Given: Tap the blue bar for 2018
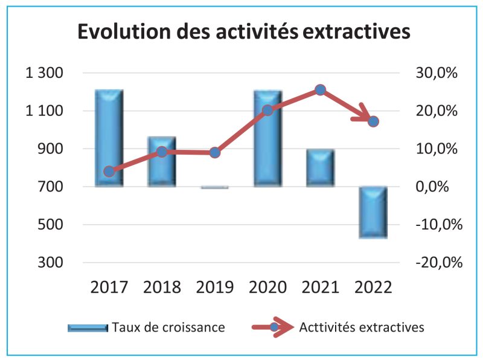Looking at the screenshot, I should click(162, 161).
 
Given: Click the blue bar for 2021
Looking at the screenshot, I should click(320, 167).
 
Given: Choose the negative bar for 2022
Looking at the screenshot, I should click(373, 212).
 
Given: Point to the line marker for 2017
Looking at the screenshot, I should click(109, 172).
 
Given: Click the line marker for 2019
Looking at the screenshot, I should click(215, 152).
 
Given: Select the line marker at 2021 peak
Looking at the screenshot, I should click(320, 90).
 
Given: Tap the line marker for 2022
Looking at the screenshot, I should click(373, 121).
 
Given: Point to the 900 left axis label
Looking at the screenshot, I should click(51, 149).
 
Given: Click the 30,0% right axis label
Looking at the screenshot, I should click(438, 73).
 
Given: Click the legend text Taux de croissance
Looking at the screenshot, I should click(168, 327).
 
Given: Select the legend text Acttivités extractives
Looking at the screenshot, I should click(362, 327).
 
